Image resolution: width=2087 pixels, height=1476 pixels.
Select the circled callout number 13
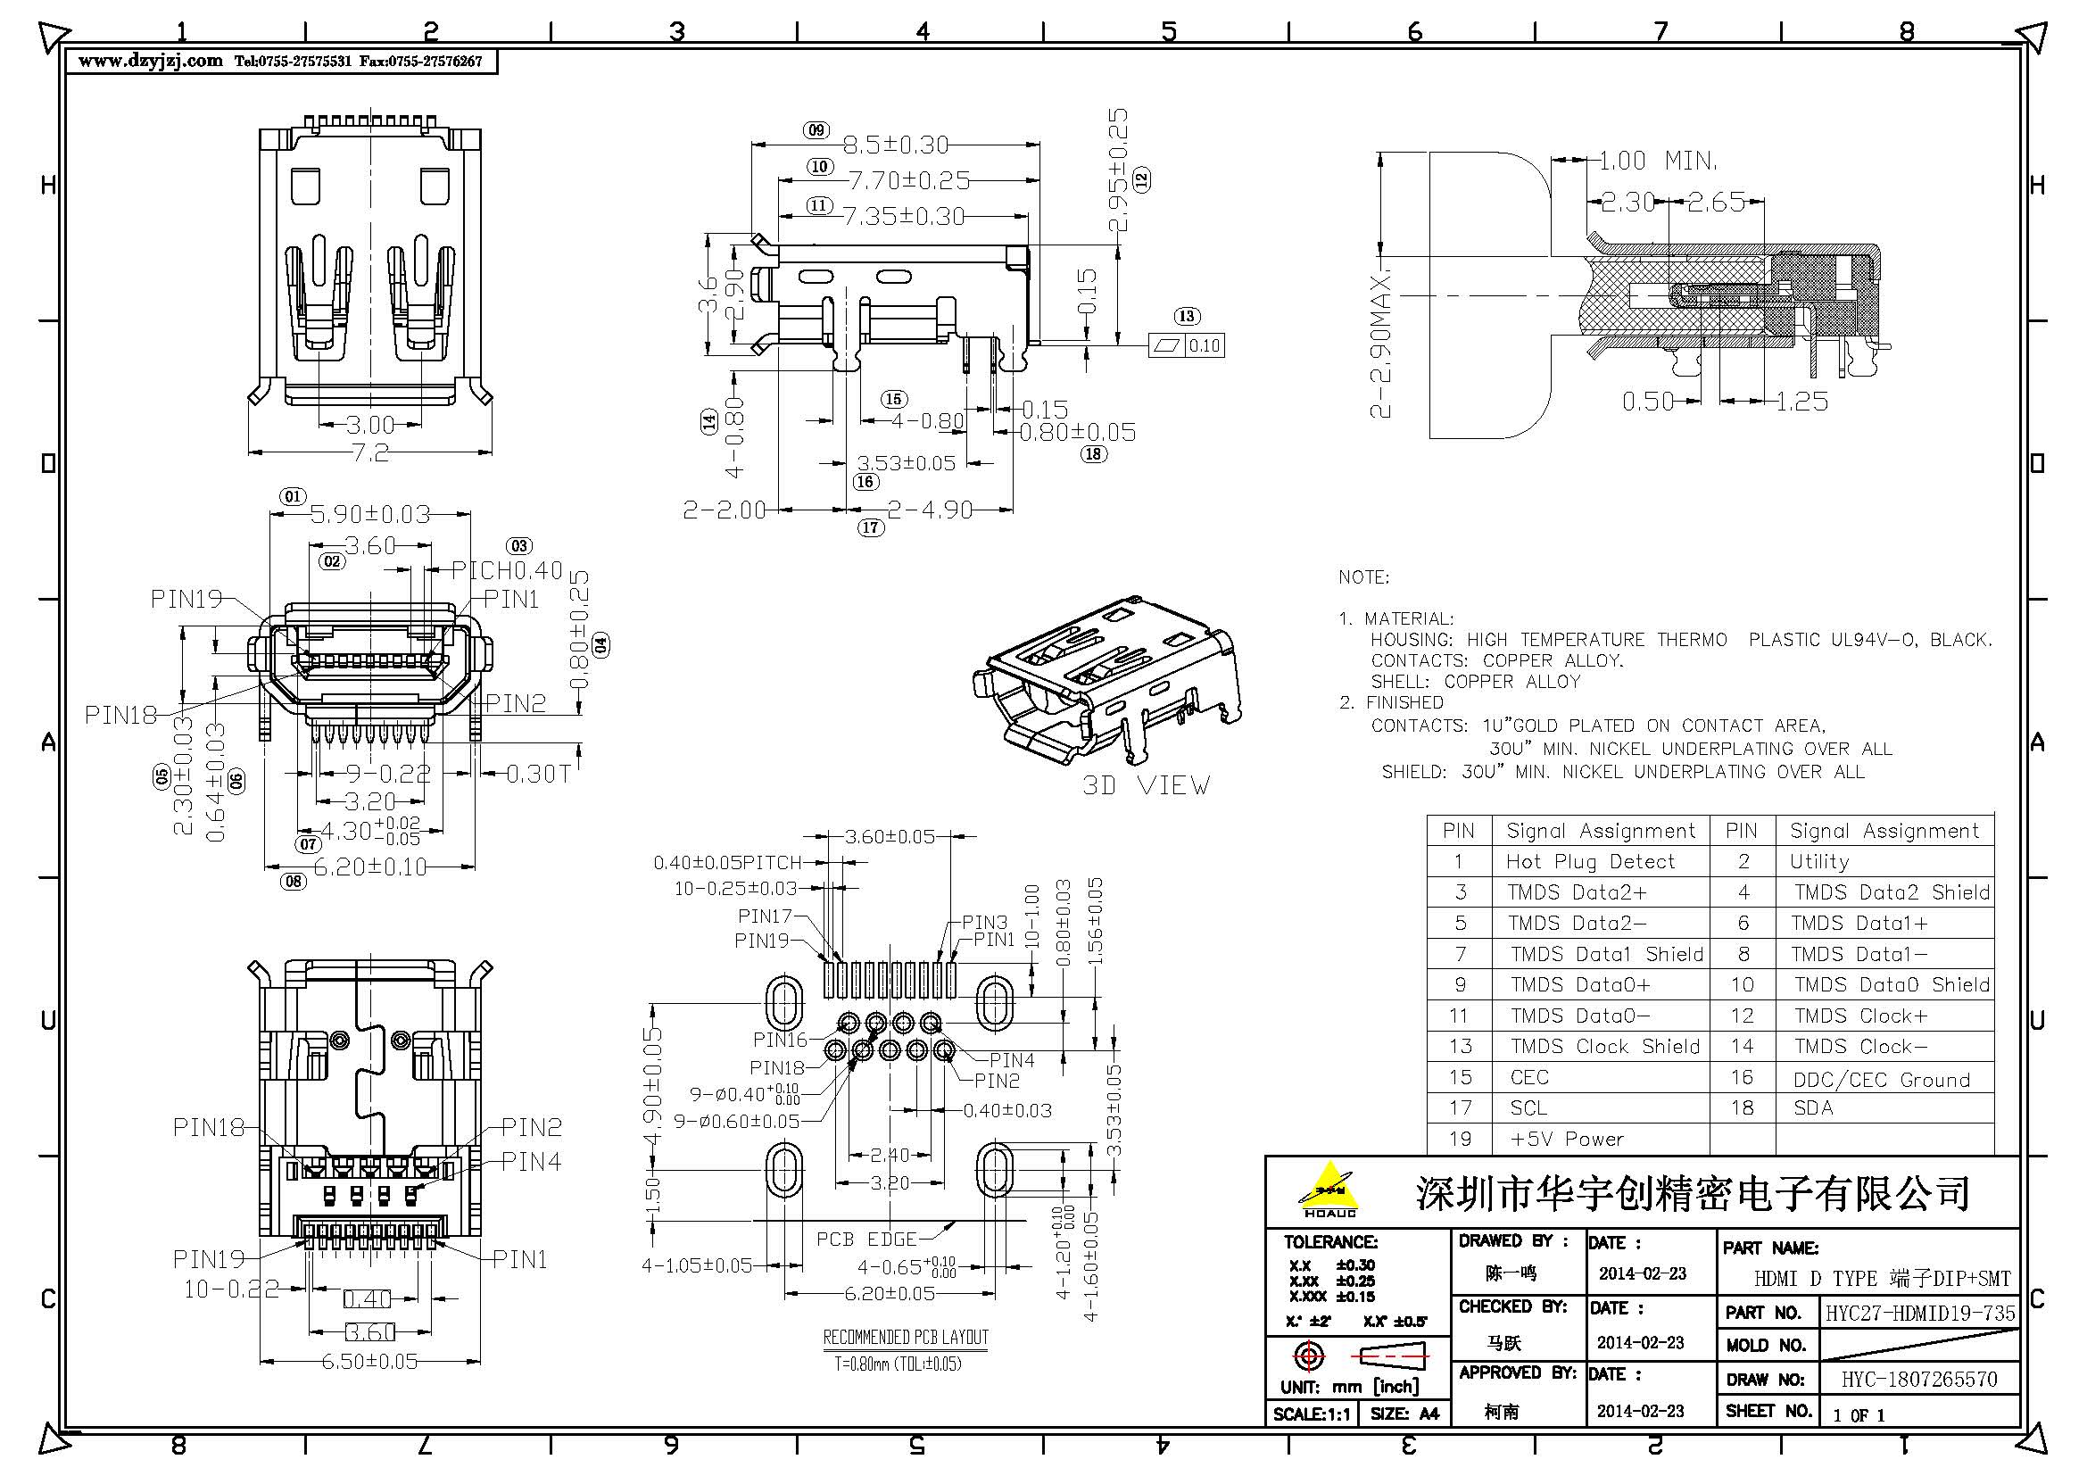click(x=1186, y=316)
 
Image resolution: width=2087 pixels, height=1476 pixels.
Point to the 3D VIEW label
click(x=1146, y=785)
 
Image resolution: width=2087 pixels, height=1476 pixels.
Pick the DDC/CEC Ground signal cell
click(x=1881, y=1080)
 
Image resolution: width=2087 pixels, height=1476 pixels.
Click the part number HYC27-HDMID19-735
click(x=1920, y=1313)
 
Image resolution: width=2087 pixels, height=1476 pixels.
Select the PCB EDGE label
click(x=866, y=1239)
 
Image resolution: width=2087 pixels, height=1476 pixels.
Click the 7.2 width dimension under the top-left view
click(x=370, y=452)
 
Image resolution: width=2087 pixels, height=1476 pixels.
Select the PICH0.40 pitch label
click(x=507, y=570)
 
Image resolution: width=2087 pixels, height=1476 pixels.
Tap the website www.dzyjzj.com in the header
click(x=150, y=61)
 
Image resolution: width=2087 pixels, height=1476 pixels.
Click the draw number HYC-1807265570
click(x=1919, y=1380)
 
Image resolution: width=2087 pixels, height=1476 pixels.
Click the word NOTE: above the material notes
click(x=1362, y=577)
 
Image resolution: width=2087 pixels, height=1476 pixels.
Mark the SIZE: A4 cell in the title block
click(x=1404, y=1414)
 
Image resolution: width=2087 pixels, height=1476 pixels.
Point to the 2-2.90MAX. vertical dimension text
click(x=1380, y=343)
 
